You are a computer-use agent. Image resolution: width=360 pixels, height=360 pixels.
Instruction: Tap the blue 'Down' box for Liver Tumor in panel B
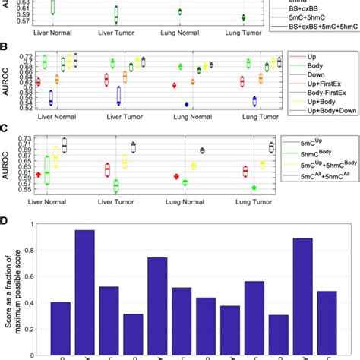pyautogui.click(x=118, y=96)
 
